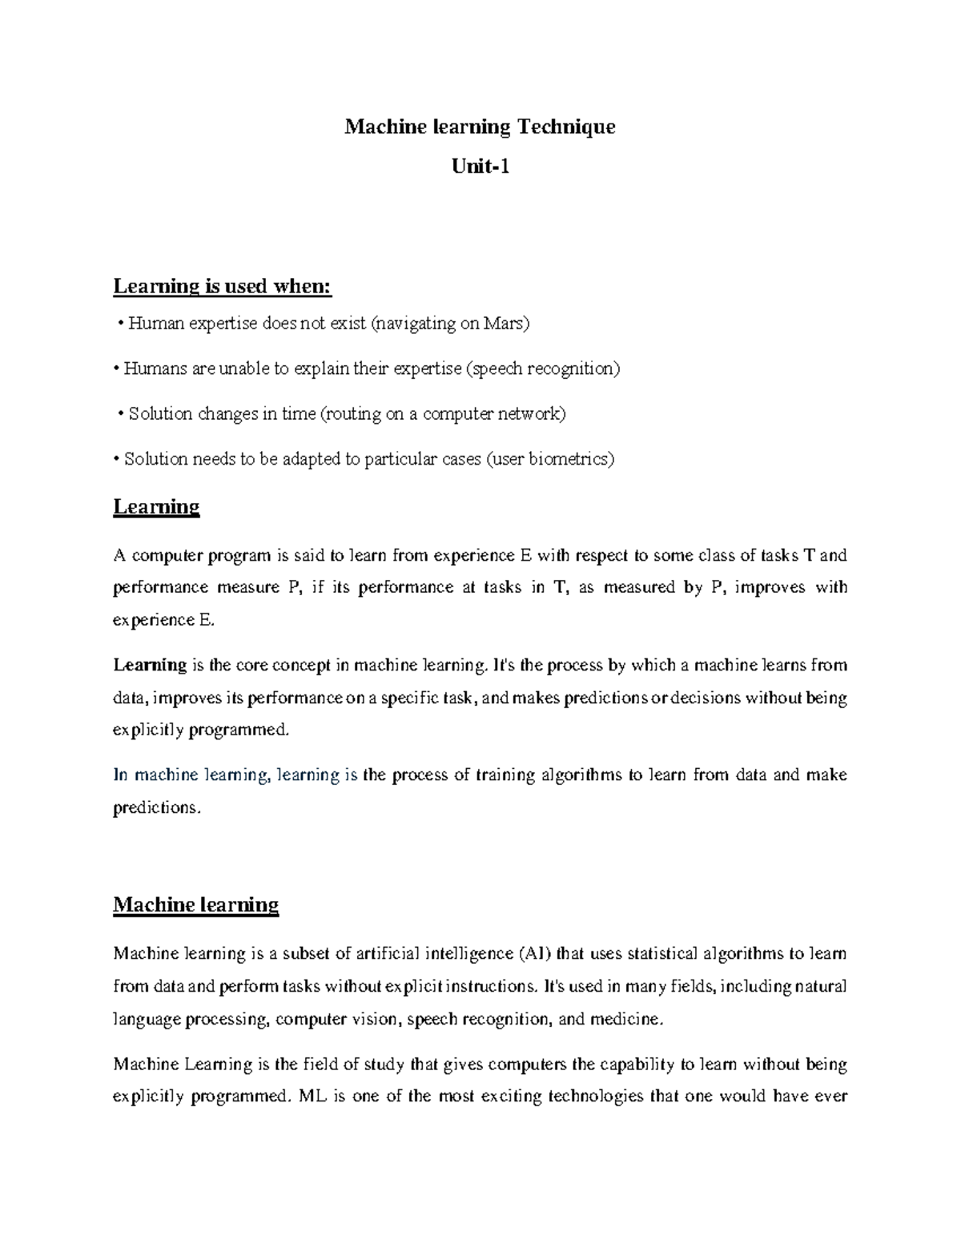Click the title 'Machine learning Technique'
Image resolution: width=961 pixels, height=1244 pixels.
pyautogui.click(x=480, y=127)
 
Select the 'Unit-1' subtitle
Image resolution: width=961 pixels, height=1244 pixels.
pyautogui.click(x=480, y=167)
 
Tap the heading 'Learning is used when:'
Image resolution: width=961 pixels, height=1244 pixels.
pyautogui.click(x=222, y=286)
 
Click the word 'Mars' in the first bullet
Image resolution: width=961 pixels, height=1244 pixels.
pyautogui.click(x=504, y=324)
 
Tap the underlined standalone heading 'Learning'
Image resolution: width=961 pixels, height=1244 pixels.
pyautogui.click(x=156, y=507)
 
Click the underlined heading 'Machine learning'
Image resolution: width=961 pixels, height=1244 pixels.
pyautogui.click(x=195, y=905)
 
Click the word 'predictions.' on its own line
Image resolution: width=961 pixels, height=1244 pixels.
pyautogui.click(x=155, y=807)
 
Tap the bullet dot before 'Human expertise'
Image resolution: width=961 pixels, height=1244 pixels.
pyautogui.click(x=120, y=324)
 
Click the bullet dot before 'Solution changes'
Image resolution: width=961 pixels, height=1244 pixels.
pyautogui.click(x=120, y=414)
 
